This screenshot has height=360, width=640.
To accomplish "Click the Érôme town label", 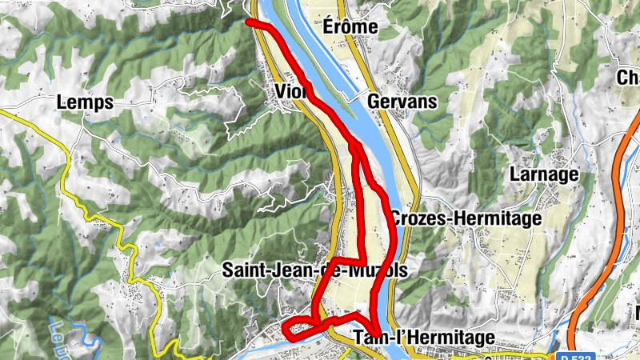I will coord(350,27).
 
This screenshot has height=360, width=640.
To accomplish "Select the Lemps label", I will coord(85,102).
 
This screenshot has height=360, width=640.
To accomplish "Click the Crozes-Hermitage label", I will coord(466,218).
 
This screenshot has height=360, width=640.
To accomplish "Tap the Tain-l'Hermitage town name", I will coord(423,338).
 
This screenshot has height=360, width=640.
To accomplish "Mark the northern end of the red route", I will coord(249,22).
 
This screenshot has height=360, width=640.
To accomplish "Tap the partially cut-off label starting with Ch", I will coord(628,78).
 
